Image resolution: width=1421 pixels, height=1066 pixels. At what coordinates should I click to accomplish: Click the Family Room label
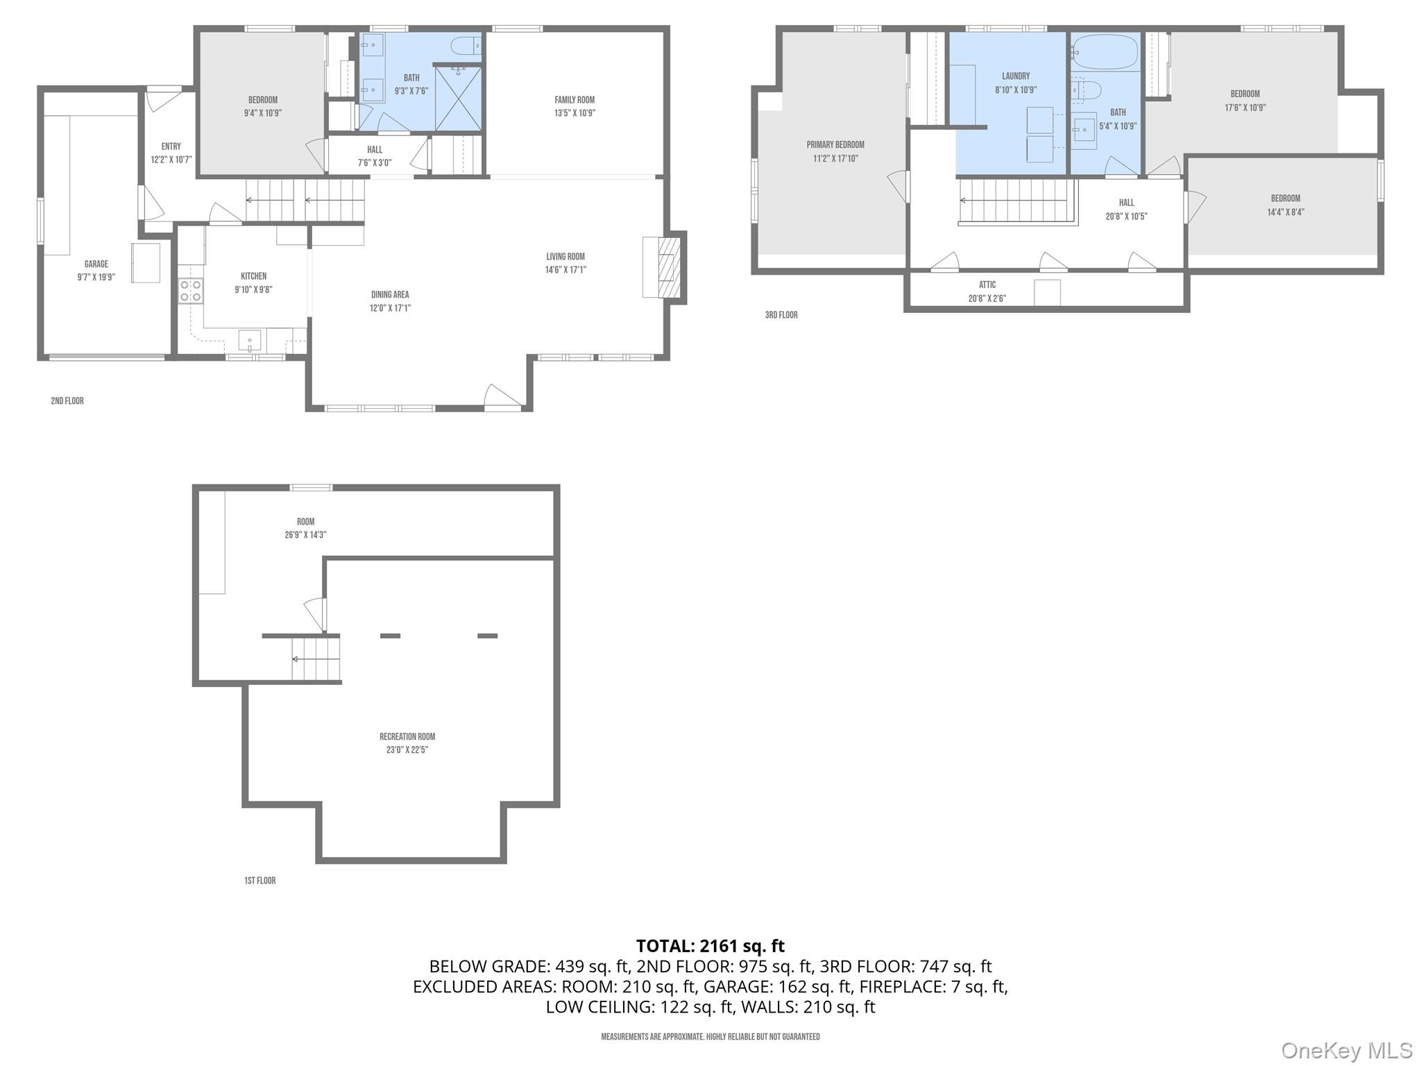pos(575,100)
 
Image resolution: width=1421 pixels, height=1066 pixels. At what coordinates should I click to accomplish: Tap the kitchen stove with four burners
pos(191,291)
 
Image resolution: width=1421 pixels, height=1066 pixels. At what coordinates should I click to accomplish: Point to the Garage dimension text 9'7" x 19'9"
pos(96,277)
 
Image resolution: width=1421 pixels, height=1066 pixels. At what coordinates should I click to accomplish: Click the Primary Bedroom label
pos(835,145)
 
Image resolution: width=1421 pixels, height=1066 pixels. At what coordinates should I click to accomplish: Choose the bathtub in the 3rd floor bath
pos(1104,52)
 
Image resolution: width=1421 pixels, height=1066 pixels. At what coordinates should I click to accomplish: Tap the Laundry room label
pos(1016,76)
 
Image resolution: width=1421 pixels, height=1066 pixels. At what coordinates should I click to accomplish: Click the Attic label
pos(987,285)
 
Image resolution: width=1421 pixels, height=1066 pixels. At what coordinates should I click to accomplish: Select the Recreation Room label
pos(407,736)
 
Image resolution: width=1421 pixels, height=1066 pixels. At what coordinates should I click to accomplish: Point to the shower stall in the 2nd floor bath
pos(457,98)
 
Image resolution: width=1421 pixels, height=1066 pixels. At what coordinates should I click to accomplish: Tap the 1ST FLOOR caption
pos(259,881)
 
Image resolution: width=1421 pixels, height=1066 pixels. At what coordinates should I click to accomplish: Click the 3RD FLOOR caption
pos(781,315)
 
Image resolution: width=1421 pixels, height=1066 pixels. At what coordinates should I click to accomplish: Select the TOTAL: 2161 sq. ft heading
pos(710,946)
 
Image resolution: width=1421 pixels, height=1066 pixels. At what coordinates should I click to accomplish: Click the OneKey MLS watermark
pos(1346,1051)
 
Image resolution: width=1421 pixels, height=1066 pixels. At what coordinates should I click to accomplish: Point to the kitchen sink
pos(250,341)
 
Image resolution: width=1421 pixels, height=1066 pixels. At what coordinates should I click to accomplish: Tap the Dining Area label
pos(390,295)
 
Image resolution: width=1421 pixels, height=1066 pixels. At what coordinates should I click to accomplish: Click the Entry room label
pos(171,146)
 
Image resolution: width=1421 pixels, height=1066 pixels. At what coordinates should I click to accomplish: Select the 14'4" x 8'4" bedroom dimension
pos(1285,212)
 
